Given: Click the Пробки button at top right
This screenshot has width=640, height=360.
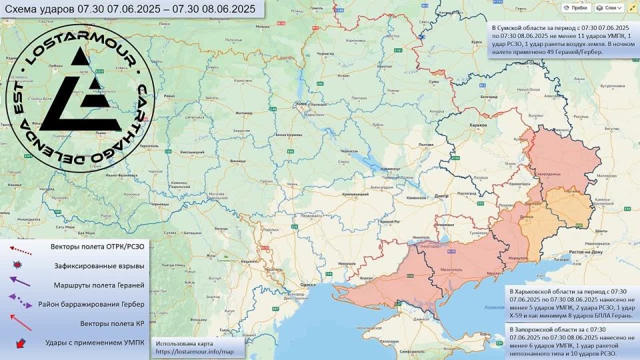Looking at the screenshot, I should [x=577, y=7].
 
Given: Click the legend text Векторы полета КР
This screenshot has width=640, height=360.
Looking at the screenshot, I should [x=112, y=323].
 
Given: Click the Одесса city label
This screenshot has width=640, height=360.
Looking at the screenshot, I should [x=307, y=284].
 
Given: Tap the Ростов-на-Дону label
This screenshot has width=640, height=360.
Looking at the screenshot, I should [x=585, y=253].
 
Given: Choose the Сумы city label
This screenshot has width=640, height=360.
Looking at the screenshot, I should [x=434, y=81].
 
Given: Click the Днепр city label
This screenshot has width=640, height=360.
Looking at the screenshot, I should [x=439, y=196].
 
